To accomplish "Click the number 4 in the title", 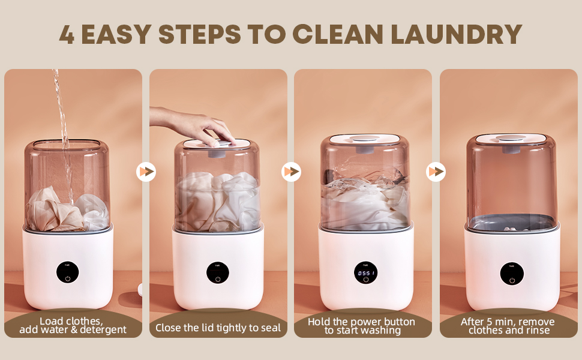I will (x=67, y=35).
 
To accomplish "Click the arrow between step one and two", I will (x=146, y=172).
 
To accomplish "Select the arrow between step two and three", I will (x=291, y=172).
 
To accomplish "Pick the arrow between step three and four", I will (x=436, y=172).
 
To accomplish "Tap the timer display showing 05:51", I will (x=365, y=273).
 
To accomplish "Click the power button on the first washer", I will (x=67, y=278).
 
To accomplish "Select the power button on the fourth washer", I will (x=512, y=280).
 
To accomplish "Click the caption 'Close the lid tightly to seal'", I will (x=218, y=328).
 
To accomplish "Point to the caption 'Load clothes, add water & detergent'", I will (x=73, y=325).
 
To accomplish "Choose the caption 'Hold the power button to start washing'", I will (x=362, y=326).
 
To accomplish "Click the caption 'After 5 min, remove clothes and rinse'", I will (x=508, y=326).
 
